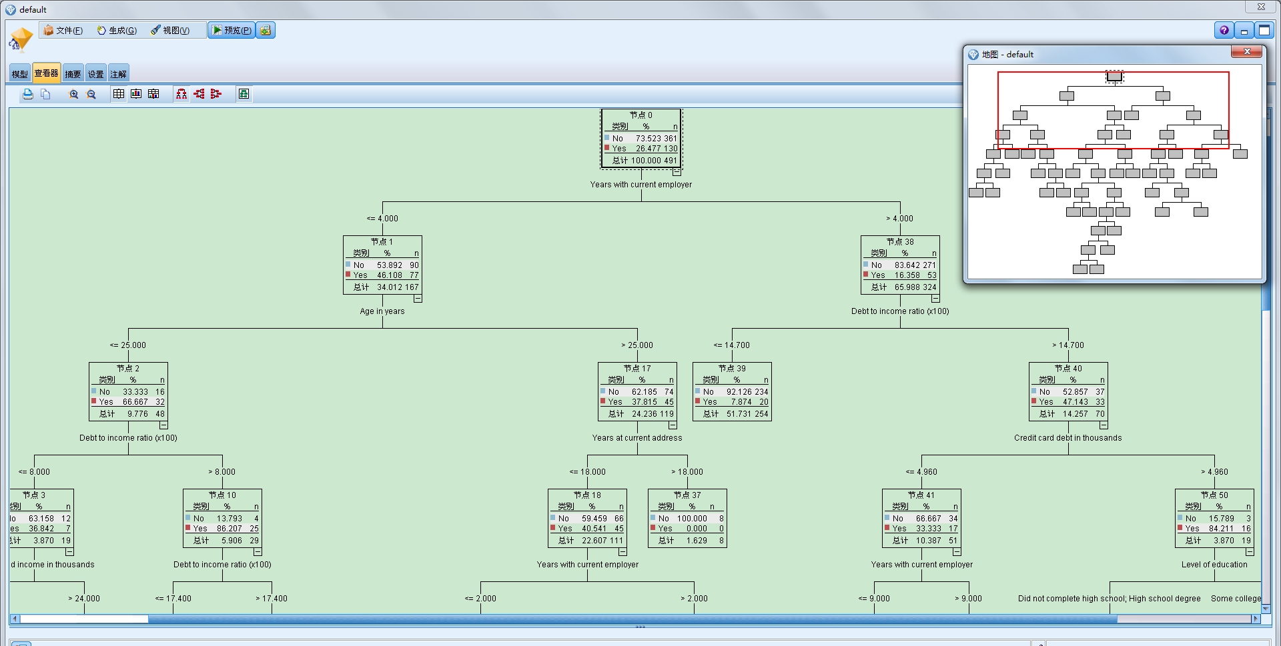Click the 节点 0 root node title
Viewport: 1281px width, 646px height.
(x=640, y=115)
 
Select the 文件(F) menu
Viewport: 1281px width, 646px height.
(x=63, y=30)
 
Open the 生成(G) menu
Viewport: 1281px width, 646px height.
(x=117, y=30)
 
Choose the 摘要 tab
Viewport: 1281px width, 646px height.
(x=73, y=74)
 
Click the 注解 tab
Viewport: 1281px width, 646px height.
(x=118, y=74)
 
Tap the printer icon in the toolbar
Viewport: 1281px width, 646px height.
(x=27, y=94)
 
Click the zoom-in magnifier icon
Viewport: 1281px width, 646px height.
(x=73, y=94)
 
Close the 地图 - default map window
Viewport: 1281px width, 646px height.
(x=1246, y=51)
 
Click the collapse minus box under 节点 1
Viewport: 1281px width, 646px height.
(x=418, y=299)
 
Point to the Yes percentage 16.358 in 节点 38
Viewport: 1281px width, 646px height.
(x=907, y=275)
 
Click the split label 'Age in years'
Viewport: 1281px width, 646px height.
(x=382, y=311)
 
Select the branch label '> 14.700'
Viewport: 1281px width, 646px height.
(x=1067, y=345)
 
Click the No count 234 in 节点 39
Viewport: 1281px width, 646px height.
(x=761, y=392)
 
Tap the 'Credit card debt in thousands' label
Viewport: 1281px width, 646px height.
(x=1067, y=438)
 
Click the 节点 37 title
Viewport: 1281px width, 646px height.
(x=687, y=495)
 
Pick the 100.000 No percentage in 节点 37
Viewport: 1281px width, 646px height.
(x=691, y=519)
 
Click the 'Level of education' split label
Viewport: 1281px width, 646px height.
(x=1214, y=565)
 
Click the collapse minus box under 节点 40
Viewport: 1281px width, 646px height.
(x=1104, y=425)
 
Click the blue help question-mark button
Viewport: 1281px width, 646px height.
(x=1224, y=30)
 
